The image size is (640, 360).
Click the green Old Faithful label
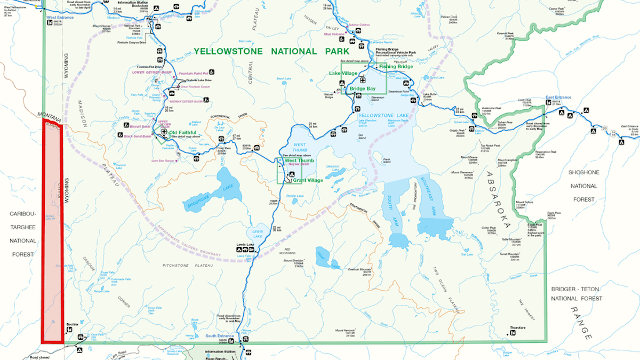point(183,132)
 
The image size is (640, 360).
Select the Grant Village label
point(308,180)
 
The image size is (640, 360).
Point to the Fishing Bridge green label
point(396,66)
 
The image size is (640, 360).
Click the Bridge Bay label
point(363,89)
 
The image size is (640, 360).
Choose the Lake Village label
point(343,73)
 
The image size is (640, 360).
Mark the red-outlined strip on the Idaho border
point(52,229)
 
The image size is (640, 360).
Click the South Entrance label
point(219,336)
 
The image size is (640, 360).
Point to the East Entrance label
point(558,98)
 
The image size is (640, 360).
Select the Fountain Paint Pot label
point(193,74)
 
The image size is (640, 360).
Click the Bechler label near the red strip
point(73,324)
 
